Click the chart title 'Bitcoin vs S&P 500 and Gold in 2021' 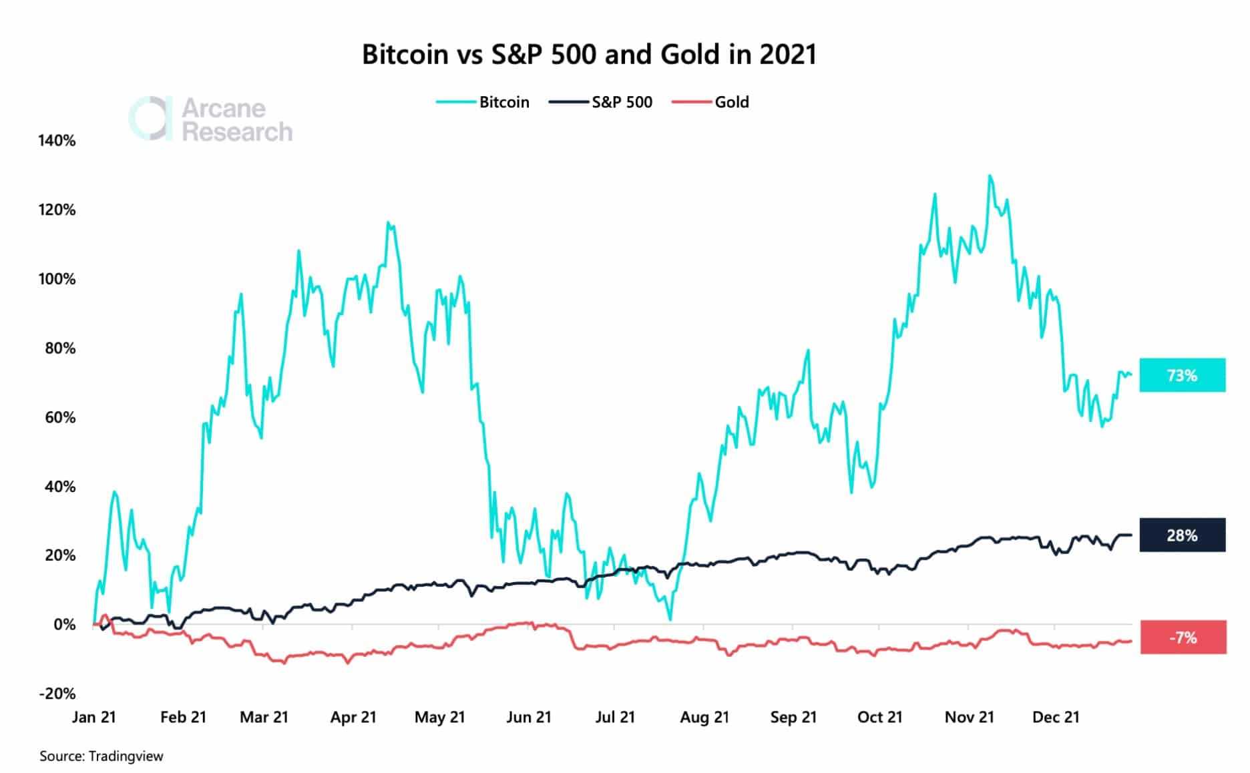(x=589, y=54)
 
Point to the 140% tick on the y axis (x=57, y=141)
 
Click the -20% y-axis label (x=57, y=694)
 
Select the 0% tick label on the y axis (x=64, y=625)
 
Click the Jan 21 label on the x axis (x=94, y=718)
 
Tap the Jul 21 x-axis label (x=615, y=718)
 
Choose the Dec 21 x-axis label (x=1056, y=718)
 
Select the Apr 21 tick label (x=353, y=718)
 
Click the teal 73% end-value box (x=1182, y=375)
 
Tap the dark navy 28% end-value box (x=1182, y=535)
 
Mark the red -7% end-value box (x=1183, y=637)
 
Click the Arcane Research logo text (x=236, y=119)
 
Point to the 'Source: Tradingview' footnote (x=101, y=756)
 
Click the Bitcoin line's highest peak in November (x=990, y=176)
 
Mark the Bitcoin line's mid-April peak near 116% (x=389, y=223)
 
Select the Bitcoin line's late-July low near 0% (x=670, y=619)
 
